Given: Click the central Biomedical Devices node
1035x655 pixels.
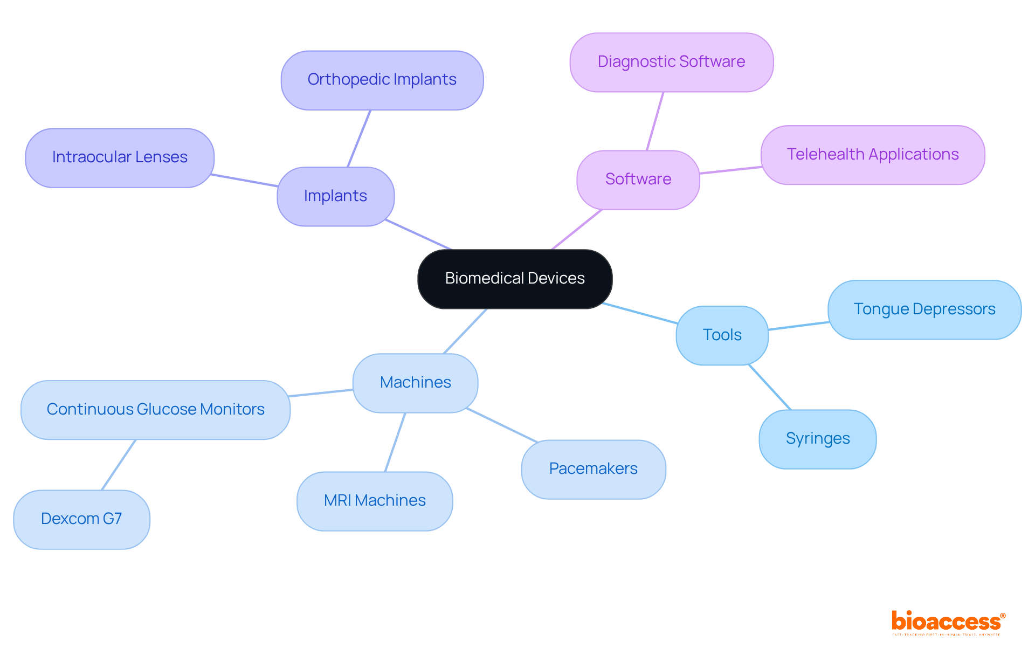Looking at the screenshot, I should coord(515,279).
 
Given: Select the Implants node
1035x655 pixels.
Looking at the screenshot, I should coord(335,196).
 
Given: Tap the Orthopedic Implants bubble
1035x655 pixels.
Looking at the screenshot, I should coord(382,80).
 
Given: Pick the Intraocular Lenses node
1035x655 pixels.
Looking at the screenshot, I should coord(120,157).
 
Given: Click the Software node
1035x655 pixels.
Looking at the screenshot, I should coord(638,180).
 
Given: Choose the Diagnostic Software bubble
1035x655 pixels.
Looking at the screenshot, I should coord(671,62).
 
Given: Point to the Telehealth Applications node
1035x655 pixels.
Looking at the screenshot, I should coord(872,155).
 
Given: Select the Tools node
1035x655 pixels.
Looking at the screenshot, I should coord(722,335).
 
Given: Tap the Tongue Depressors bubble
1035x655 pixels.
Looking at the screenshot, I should coord(924,309).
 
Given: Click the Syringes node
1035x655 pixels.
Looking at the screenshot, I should coord(817,439).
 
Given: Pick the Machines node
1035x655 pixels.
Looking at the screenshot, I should coord(415,383).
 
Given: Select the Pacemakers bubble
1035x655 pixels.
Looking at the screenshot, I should coord(593,469).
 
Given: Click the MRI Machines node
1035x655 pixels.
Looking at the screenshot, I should coord(375,501).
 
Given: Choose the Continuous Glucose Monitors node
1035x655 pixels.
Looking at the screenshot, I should coord(155,410).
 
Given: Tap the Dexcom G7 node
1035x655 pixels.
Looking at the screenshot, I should coord(81,519).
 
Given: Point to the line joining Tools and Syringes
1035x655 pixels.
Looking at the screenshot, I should coord(769,387).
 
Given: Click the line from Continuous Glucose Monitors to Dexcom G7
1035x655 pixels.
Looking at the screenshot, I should coord(119,465).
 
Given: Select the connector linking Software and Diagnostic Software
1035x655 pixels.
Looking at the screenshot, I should coord(655,121).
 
